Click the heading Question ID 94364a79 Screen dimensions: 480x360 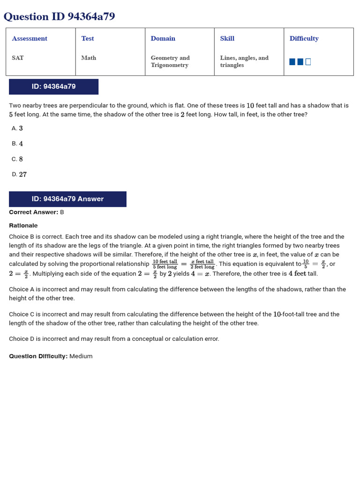[x=59, y=17]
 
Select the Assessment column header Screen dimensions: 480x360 [x=30, y=38]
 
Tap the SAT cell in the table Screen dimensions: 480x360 [x=18, y=58]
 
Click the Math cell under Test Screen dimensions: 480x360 [x=89, y=58]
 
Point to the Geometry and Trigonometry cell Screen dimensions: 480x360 [x=170, y=61]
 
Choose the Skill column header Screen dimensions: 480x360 [x=227, y=38]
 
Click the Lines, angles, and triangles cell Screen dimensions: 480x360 [x=244, y=61]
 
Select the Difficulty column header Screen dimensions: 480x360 [x=304, y=38]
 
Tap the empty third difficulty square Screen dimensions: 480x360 [x=308, y=62]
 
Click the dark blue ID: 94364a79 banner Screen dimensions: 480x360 [x=53, y=87]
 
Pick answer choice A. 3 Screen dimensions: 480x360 [x=17, y=128]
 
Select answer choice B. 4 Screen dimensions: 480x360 [x=17, y=144]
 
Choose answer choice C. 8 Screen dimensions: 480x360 [x=17, y=159]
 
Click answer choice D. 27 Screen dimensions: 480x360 [x=19, y=174]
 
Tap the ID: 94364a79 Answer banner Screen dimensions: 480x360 [x=67, y=199]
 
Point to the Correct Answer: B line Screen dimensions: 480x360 [x=37, y=212]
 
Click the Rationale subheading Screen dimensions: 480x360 [x=23, y=225]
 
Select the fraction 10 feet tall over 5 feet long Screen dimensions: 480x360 [x=165, y=264]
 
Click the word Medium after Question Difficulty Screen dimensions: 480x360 [x=81, y=356]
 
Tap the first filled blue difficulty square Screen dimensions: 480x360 [x=292, y=62]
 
